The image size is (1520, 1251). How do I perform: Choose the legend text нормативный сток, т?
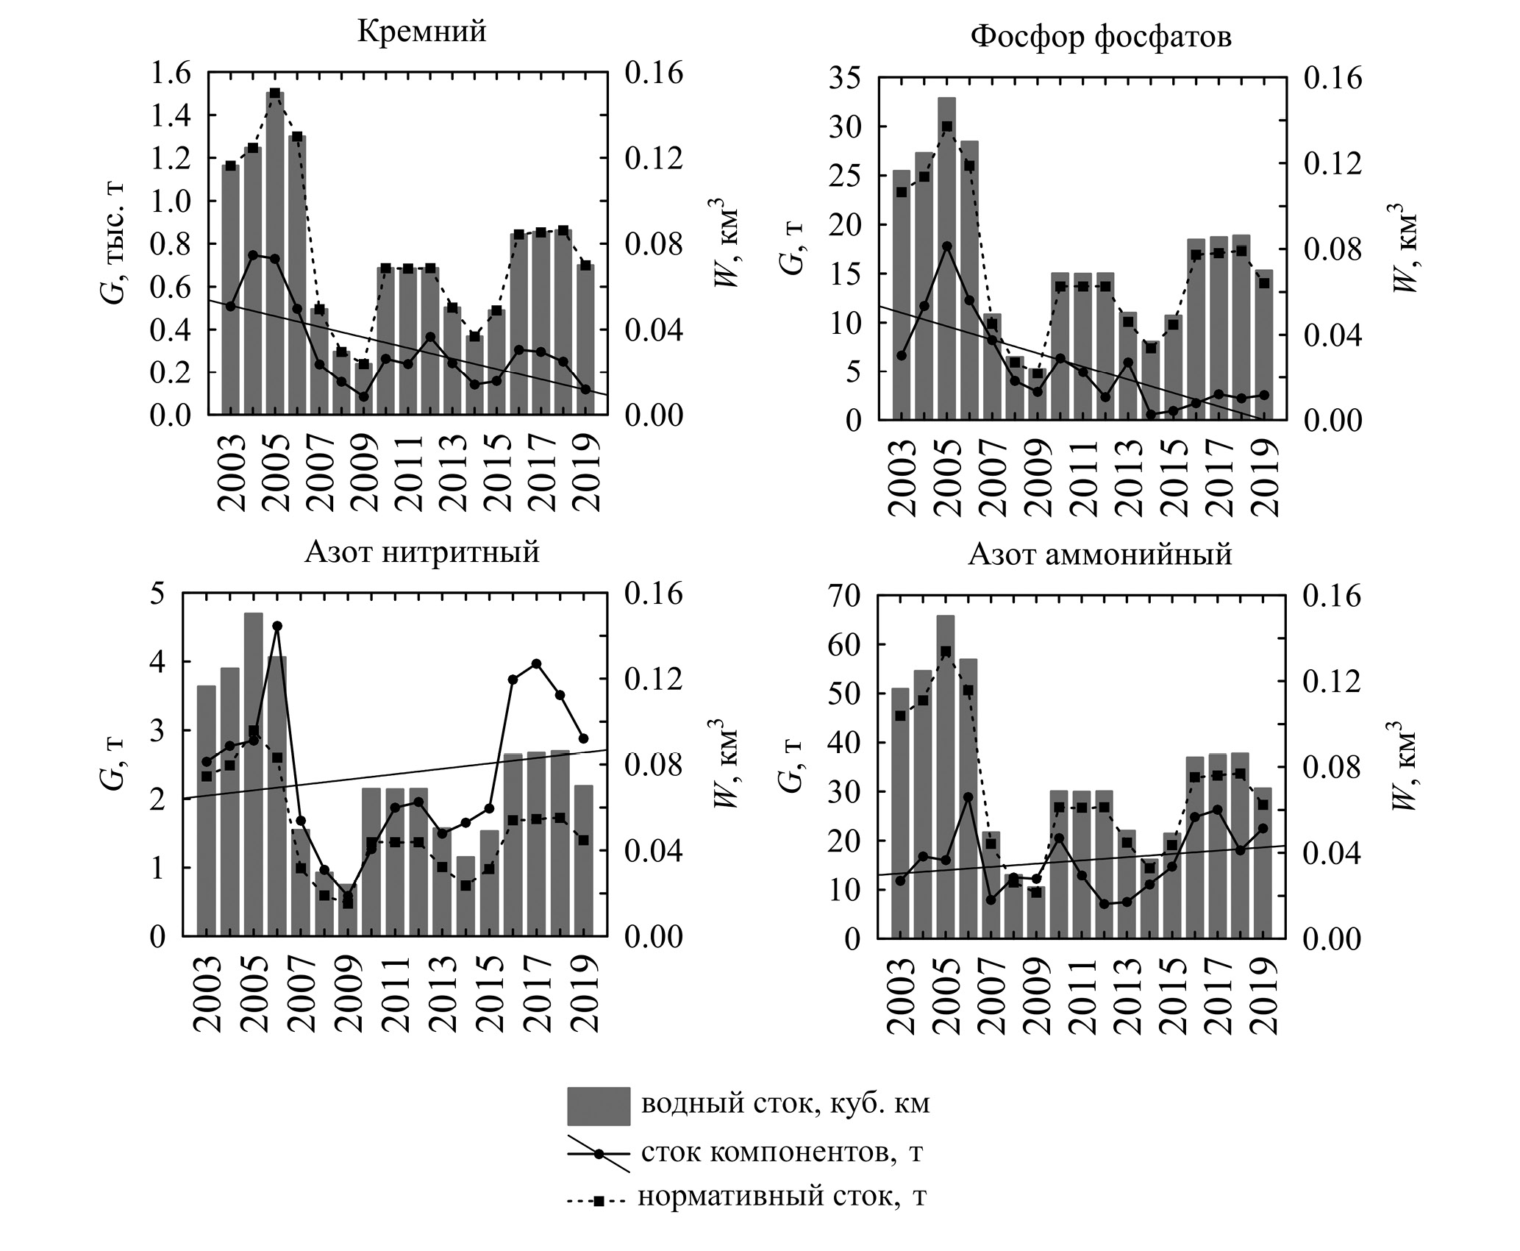[782, 1197]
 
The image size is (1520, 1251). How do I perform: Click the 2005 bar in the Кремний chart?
[275, 257]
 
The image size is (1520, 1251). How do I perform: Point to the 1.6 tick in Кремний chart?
[171, 73]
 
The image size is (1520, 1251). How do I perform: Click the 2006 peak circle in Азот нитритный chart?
[277, 626]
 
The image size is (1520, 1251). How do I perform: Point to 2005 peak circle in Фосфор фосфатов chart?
[947, 246]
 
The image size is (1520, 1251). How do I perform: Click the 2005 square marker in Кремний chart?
[275, 93]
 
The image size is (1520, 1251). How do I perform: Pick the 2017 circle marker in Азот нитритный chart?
[536, 663]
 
